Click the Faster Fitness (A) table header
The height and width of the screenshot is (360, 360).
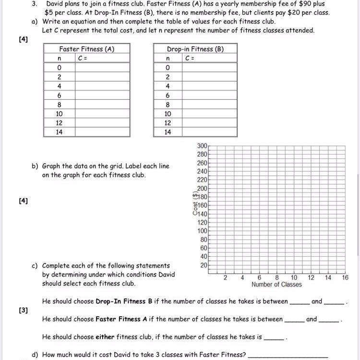pos(86,49)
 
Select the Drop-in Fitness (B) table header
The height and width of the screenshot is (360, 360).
pos(195,49)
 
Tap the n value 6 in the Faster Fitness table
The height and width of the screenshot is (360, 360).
pos(59,96)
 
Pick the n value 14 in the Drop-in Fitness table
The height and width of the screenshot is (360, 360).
pos(168,132)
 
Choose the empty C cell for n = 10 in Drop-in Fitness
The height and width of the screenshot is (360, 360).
pos(209,114)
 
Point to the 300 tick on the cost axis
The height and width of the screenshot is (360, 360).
pos(202,145)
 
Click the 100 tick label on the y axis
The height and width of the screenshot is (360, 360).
pos(202,231)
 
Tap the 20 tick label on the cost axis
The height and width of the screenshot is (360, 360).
pos(204,265)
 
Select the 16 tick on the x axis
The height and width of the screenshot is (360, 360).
pos(345,277)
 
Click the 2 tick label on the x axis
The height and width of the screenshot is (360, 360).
pos(225,277)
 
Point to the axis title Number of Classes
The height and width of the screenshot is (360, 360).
pos(276,285)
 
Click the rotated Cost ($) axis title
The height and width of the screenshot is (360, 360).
pos(195,205)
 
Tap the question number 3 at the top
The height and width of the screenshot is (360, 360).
pos(35,3)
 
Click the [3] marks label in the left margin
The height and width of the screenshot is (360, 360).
pos(24,310)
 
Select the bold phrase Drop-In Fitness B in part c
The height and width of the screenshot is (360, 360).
pos(124,301)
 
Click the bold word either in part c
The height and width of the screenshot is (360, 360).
pos(105,337)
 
